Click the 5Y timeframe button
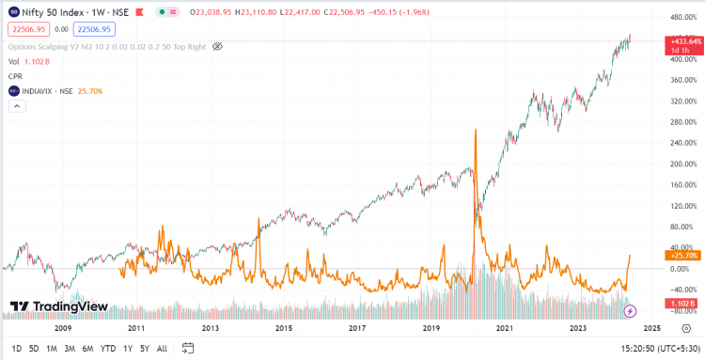(x=143, y=349)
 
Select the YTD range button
(x=107, y=349)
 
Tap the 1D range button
(x=16, y=349)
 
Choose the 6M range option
(x=86, y=349)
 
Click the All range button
(x=162, y=349)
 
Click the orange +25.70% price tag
(x=681, y=256)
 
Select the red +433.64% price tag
(x=683, y=42)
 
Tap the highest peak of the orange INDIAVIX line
(x=477, y=129)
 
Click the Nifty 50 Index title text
(x=61, y=11)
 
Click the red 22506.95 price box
(x=27, y=29)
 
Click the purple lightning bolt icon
(x=631, y=310)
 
